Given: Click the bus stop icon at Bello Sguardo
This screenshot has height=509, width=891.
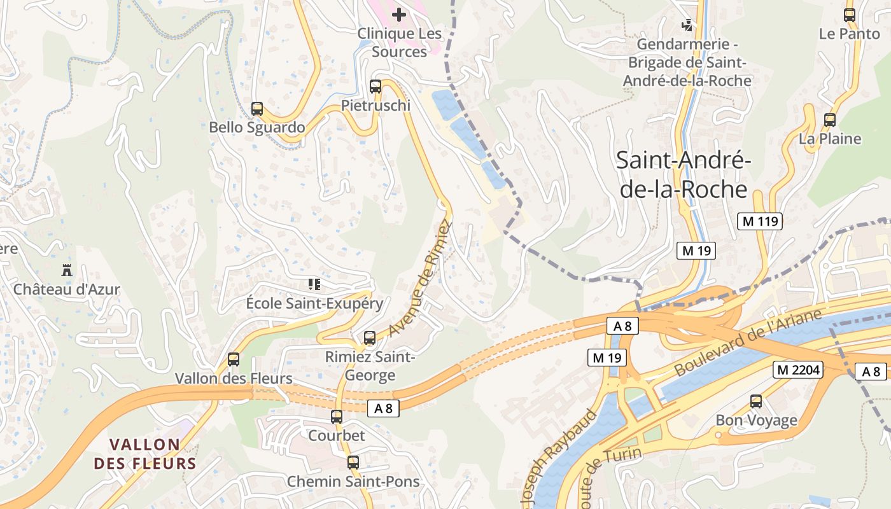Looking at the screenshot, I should [257, 109].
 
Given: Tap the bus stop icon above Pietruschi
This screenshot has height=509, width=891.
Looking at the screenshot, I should [375, 87].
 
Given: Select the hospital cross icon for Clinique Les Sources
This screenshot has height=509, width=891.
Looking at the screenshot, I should [399, 14].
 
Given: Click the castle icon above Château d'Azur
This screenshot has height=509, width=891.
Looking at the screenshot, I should [67, 270].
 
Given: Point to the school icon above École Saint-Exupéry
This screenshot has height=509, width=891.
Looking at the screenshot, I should [314, 284].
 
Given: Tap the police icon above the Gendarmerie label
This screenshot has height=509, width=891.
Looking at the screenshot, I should [687, 25].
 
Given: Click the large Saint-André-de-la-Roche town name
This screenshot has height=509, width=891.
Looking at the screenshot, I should [684, 175].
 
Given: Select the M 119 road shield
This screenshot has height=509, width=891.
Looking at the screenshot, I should [759, 221].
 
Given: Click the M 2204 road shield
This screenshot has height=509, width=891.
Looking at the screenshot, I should [798, 369].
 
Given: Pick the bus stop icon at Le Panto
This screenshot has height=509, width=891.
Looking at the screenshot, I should [850, 15].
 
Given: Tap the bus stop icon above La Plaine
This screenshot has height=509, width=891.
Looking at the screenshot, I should [830, 120].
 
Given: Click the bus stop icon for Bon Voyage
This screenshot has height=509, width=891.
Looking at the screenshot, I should [756, 401].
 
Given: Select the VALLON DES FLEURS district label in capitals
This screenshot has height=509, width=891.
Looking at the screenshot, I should [145, 454].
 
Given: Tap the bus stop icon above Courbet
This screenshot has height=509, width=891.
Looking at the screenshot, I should [337, 417].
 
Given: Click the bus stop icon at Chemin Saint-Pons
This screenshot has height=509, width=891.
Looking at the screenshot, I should [353, 463].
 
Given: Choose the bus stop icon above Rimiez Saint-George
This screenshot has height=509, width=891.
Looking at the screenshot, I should [370, 338].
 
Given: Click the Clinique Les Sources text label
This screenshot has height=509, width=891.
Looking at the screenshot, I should [399, 42].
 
